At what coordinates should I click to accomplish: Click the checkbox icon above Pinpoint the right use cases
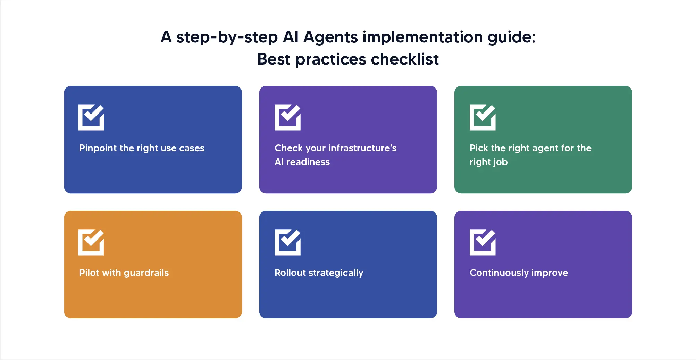click(x=91, y=117)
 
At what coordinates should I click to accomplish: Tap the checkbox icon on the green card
click(x=483, y=117)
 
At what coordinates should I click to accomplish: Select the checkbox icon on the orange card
click(x=91, y=242)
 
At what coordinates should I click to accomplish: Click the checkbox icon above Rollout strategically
click(x=287, y=242)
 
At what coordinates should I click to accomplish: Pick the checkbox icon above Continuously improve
click(x=483, y=242)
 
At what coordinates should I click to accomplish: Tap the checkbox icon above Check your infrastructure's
click(x=287, y=117)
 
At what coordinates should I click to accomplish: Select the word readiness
click(x=308, y=162)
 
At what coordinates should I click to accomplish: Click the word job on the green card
click(x=500, y=162)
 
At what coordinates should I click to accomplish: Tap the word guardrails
click(x=146, y=273)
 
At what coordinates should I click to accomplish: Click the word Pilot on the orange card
click(x=89, y=273)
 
